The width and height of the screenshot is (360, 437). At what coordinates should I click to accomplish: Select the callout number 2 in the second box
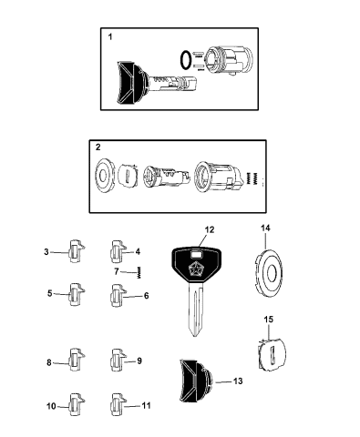coord(98,147)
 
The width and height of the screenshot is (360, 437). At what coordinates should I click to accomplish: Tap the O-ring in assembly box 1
coord(186,60)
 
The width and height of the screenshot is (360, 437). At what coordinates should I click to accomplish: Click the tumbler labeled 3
coord(75,252)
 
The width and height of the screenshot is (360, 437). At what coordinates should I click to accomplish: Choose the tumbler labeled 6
coord(116,295)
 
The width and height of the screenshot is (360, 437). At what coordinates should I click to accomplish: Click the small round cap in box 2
coord(106,174)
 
